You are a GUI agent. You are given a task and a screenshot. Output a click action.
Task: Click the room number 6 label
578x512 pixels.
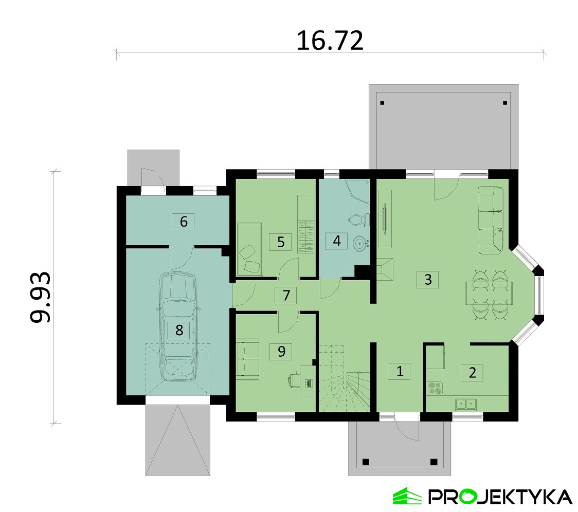[x=183, y=222]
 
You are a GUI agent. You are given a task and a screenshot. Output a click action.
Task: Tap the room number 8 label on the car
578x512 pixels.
[x=179, y=330]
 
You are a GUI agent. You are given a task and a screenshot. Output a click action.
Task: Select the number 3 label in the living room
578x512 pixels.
[x=428, y=280]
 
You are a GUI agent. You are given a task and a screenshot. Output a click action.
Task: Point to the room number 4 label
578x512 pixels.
[x=336, y=241]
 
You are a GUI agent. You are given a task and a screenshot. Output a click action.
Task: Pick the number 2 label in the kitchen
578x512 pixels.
[x=472, y=372]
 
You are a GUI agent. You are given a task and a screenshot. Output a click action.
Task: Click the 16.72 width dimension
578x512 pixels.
[x=330, y=40]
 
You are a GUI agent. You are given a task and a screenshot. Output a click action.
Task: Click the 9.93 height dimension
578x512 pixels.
[x=40, y=298]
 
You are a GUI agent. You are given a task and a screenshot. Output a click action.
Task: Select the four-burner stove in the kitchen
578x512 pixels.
[x=436, y=388]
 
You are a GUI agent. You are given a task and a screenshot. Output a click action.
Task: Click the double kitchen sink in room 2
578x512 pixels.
[x=465, y=404]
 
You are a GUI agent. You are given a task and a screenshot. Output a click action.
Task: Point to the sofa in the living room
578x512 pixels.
[x=491, y=220]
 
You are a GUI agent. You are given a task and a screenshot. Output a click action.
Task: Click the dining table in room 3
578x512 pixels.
[x=489, y=293]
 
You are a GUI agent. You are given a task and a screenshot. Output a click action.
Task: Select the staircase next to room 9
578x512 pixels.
[x=344, y=378]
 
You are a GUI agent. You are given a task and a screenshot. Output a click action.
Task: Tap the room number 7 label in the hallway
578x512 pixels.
[x=286, y=295]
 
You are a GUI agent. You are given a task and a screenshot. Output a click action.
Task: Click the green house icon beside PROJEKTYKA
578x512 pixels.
[x=407, y=496]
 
